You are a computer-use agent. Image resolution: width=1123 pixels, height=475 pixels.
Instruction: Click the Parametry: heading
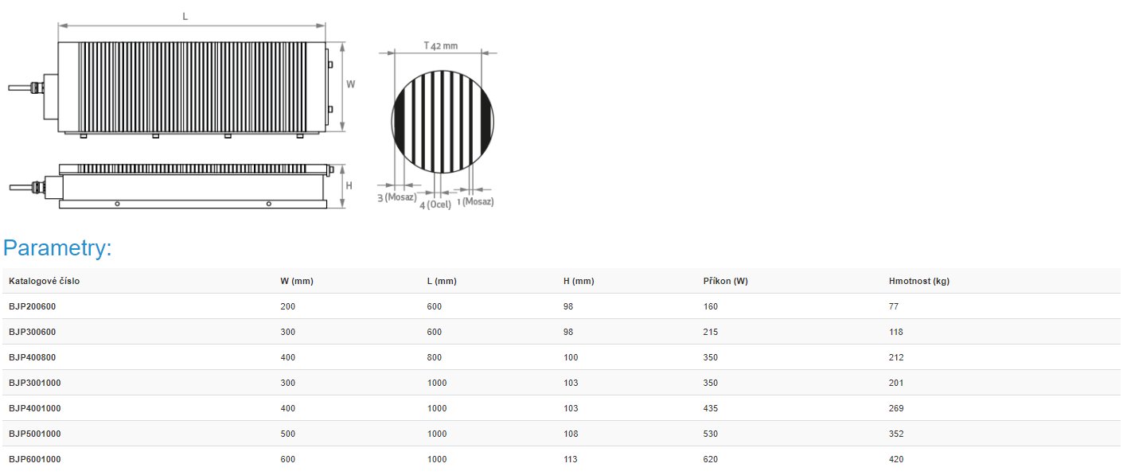point(57,248)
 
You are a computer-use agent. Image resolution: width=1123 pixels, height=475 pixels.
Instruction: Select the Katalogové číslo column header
point(44,281)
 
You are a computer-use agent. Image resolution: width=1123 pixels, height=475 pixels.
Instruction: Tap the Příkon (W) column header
point(725,281)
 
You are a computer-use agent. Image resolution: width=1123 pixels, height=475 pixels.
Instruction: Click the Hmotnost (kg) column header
point(919,281)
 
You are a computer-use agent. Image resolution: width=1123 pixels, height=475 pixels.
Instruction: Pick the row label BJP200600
point(32,306)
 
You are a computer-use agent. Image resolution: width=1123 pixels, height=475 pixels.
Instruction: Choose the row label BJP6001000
point(34,459)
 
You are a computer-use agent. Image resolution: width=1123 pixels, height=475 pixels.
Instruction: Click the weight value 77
point(894,306)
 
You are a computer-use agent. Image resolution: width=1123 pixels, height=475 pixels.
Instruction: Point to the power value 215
point(711,333)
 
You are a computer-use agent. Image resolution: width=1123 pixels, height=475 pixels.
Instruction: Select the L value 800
point(435,358)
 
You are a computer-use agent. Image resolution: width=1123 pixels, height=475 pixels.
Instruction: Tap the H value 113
point(571,459)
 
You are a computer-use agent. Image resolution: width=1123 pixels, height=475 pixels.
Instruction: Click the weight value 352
point(896,434)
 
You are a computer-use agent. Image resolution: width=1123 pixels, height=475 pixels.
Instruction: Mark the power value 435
point(711,408)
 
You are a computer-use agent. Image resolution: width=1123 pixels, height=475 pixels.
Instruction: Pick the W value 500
point(288,434)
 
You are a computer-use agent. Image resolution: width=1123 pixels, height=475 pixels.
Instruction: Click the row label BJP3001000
point(34,384)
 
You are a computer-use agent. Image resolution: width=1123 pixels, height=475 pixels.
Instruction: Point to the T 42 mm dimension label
point(441,46)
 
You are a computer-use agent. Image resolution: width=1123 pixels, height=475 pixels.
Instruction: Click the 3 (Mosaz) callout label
point(396,197)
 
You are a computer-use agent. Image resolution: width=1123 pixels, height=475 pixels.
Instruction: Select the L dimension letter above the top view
point(185,17)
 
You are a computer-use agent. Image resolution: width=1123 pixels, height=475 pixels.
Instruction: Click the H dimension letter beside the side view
point(349,186)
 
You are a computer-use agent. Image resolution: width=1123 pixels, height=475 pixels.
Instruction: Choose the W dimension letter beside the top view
point(350,84)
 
